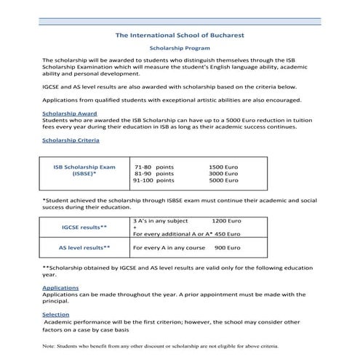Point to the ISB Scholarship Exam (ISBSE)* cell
point(84,171)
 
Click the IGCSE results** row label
point(84,228)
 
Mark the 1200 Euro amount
point(226,220)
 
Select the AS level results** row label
point(84,248)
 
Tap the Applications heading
point(60,288)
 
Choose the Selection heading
point(56,314)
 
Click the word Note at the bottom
point(50,346)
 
